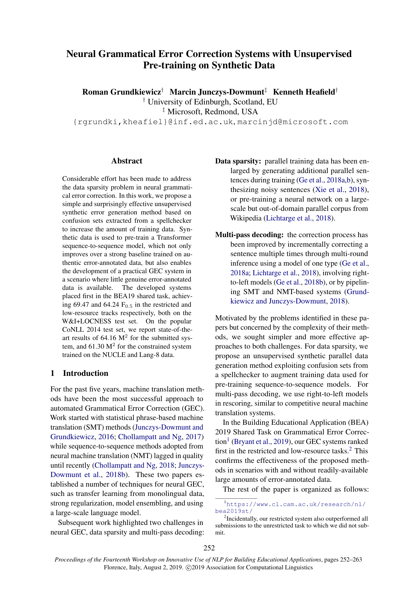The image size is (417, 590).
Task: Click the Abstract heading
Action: pyautogui.click(x=127, y=161)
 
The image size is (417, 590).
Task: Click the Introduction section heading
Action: pyautogui.click(x=85, y=373)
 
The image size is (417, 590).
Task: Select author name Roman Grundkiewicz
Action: pyautogui.click(x=122, y=92)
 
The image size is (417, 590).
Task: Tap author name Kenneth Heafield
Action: pyautogui.click(x=304, y=92)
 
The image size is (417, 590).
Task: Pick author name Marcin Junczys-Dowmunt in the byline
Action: pyautogui.click(x=217, y=92)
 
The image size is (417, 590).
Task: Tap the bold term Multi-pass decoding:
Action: pyautogui.click(x=249, y=235)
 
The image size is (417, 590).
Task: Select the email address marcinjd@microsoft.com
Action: pyautogui.click(x=292, y=122)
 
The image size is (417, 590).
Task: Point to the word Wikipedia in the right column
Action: pyautogui.click(x=246, y=218)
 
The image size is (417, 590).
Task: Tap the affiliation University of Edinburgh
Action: pyautogui.click(x=190, y=102)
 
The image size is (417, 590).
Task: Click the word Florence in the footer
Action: pyautogui.click(x=114, y=567)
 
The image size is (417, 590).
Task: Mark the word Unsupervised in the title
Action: pyautogui.click(x=322, y=54)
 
